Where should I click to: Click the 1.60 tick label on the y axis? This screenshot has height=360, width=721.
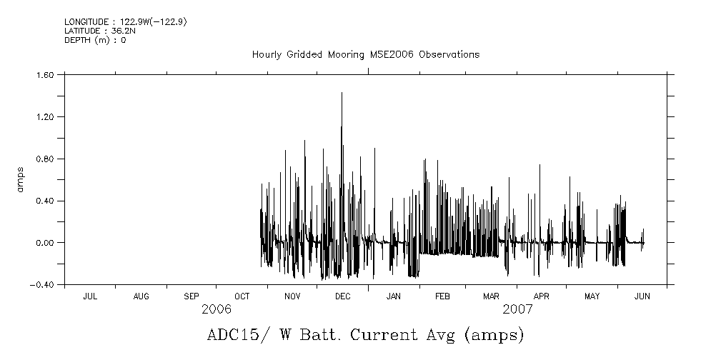click(46, 74)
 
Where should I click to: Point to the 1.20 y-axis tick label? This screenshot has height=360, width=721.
click(46, 116)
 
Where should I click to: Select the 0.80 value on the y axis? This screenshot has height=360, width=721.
click(46, 159)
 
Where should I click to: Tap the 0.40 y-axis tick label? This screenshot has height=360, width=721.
click(46, 201)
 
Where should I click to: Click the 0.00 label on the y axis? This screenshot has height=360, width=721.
click(46, 243)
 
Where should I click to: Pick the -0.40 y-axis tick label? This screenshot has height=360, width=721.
click(43, 285)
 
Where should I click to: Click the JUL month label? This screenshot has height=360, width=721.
click(90, 296)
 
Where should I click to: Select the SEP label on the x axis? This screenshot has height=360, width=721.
click(192, 296)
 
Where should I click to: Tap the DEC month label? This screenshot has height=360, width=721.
click(342, 296)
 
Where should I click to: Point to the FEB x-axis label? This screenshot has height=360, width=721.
click(442, 296)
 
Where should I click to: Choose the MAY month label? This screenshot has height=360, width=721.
click(592, 296)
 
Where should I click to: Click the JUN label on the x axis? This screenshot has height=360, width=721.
click(642, 296)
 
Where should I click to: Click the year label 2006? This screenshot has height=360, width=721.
click(217, 309)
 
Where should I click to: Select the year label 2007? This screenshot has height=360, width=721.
click(517, 309)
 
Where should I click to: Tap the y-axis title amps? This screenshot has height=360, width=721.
click(21, 179)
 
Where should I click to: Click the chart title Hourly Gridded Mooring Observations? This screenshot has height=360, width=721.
click(365, 55)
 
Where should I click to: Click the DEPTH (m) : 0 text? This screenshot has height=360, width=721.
click(95, 40)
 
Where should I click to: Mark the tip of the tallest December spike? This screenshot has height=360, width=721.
click(342, 93)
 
